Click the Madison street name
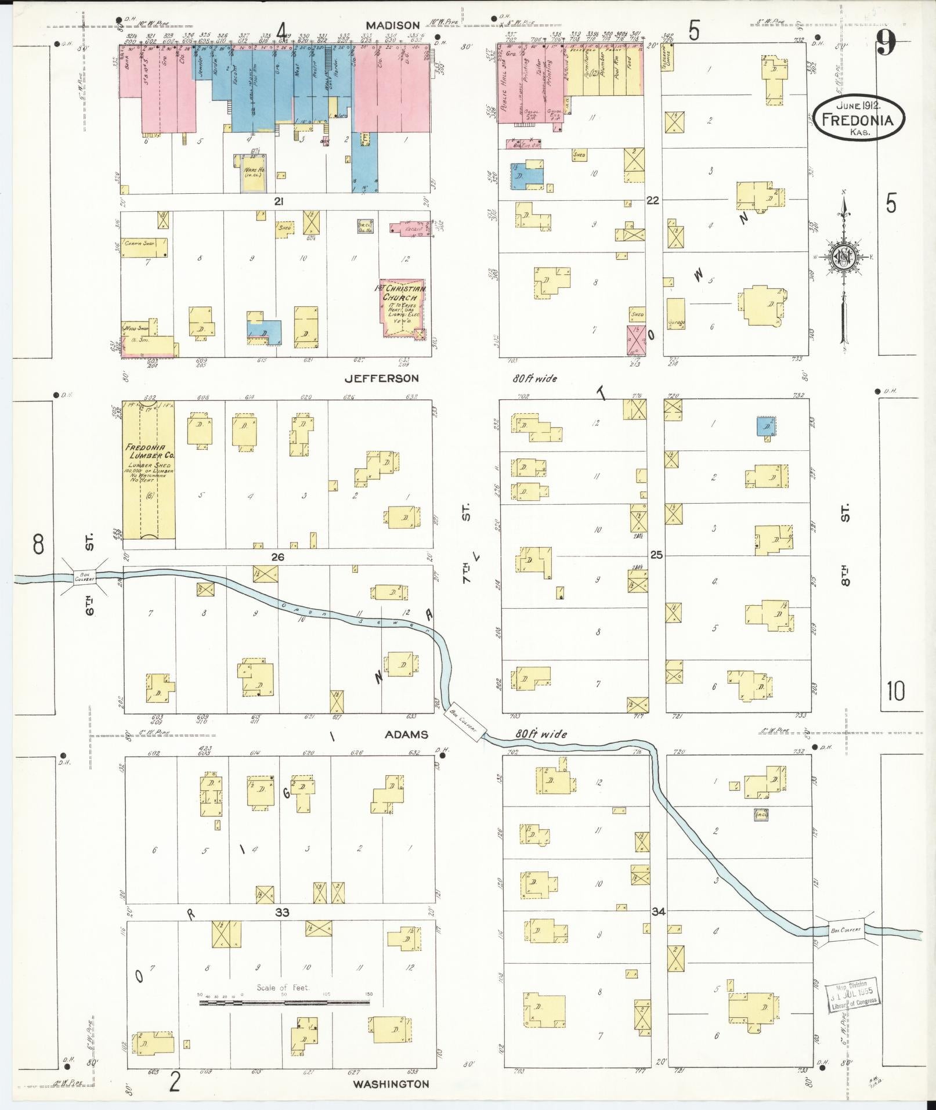393,25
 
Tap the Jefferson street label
381,378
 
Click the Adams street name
407,734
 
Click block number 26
278,557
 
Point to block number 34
658,912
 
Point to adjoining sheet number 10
896,692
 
